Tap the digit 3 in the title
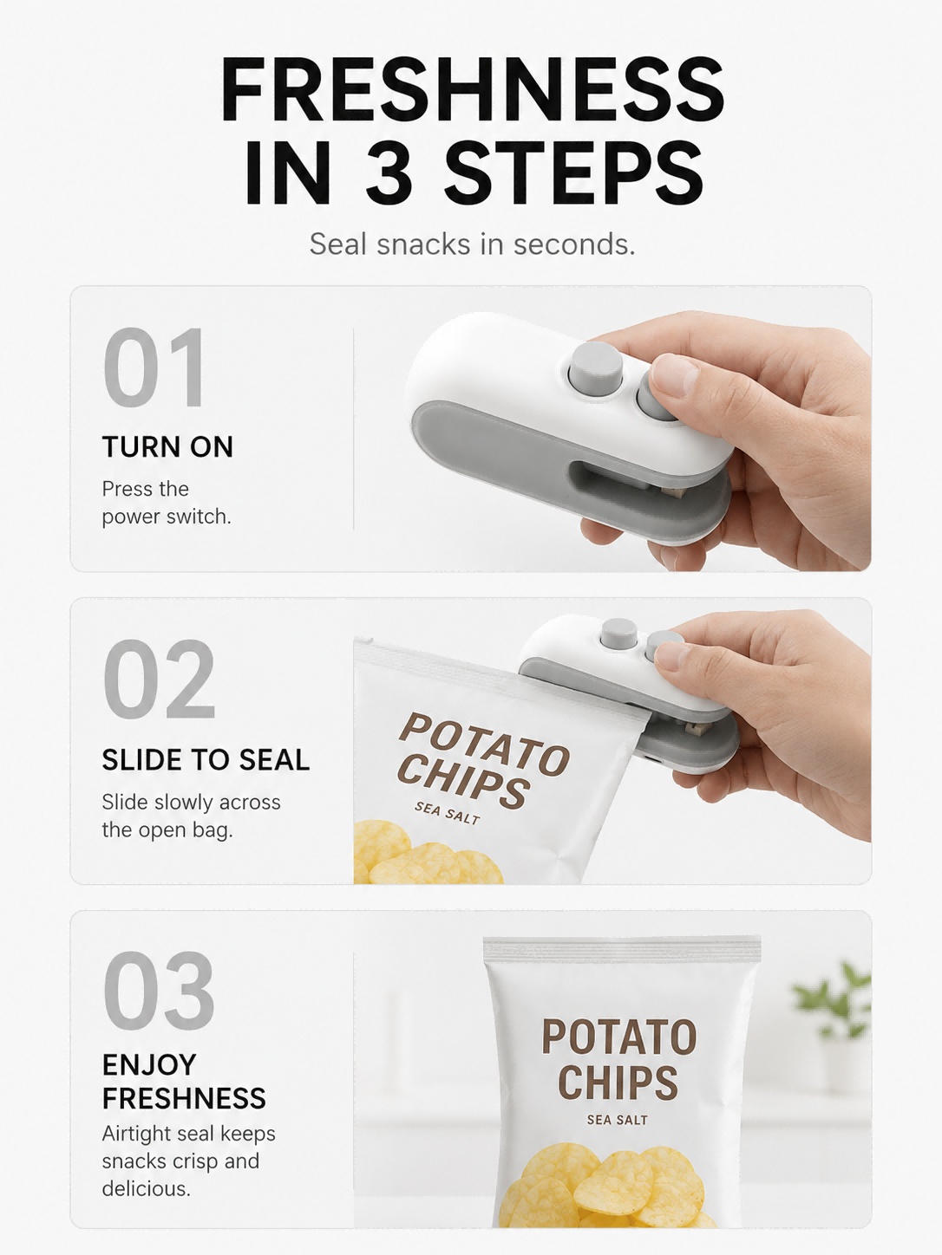389,172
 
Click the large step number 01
154,367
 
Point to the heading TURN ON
167,446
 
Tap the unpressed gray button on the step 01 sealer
595,367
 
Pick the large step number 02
159,679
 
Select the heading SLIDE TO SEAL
206,760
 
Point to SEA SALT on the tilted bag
448,812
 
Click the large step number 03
159,991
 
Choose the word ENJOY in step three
148,1065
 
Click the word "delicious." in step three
146,1189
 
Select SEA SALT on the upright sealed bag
617,1120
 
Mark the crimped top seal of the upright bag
622,948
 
